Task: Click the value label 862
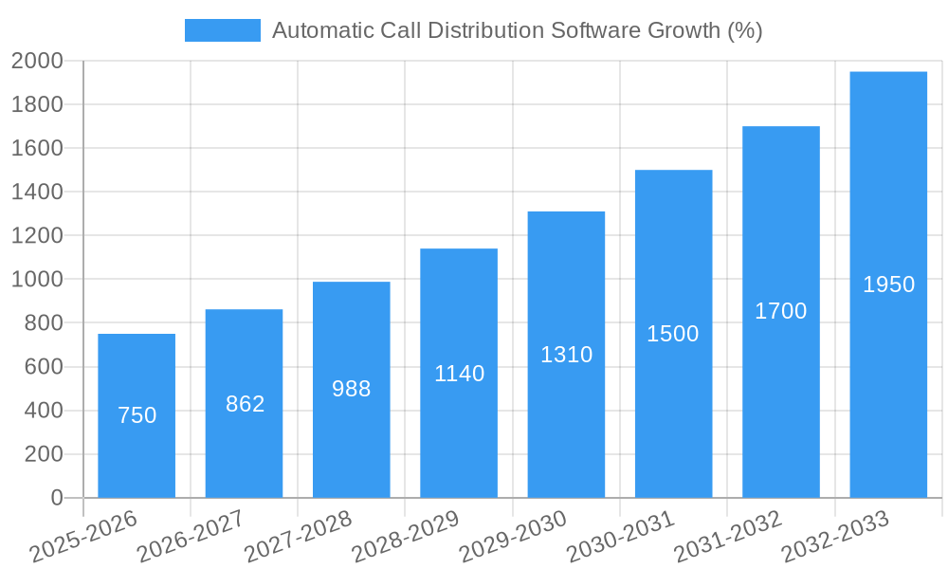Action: pyautogui.click(x=245, y=404)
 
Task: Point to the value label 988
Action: pyautogui.click(x=352, y=389)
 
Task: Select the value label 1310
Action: pyautogui.click(x=566, y=355)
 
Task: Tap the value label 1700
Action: pyautogui.click(x=780, y=311)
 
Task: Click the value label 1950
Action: pyautogui.click(x=888, y=284)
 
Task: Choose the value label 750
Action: pyautogui.click(x=137, y=415)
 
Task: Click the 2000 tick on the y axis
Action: pyautogui.click(x=37, y=62)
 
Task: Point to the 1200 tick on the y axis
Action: pyautogui.click(x=37, y=236)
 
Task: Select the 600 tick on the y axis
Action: pyautogui.click(x=43, y=367)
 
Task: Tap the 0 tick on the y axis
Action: pyautogui.click(x=57, y=498)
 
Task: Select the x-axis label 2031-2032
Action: pyautogui.click(x=728, y=537)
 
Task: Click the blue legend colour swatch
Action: pyautogui.click(x=222, y=30)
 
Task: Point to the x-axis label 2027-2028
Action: pyautogui.click(x=299, y=537)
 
